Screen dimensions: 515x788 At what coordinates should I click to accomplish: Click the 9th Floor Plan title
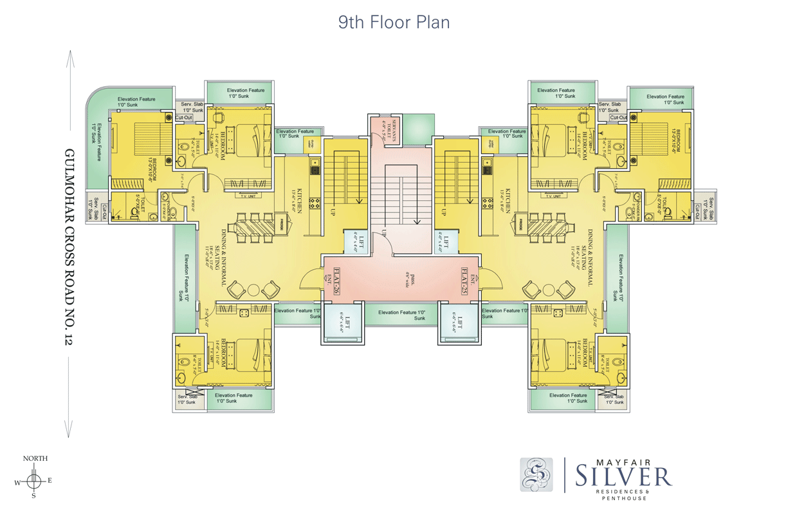394,22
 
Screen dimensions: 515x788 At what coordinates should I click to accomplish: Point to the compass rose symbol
35,480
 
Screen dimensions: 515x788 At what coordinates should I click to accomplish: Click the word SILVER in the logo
623,477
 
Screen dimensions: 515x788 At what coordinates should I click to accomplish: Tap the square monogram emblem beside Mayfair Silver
536,474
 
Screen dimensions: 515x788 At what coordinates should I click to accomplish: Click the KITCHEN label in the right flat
507,201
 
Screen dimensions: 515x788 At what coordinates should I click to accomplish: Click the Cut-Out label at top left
184,118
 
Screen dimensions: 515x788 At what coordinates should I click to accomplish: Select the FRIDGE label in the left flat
281,225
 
